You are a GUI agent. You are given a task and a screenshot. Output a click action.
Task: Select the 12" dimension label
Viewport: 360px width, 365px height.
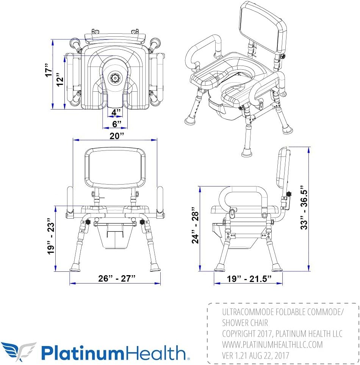tap(60, 81)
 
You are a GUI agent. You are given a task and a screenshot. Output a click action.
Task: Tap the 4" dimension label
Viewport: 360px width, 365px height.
tap(116, 113)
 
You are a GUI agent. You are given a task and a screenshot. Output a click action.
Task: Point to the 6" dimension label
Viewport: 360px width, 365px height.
tap(117, 124)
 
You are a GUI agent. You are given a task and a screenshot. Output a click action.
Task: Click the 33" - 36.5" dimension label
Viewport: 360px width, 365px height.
tap(303, 208)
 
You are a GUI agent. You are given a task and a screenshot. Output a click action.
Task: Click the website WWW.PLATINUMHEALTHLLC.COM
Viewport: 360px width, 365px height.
tap(272, 345)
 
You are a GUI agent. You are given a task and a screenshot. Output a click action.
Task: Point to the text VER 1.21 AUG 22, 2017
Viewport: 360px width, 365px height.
tap(255, 356)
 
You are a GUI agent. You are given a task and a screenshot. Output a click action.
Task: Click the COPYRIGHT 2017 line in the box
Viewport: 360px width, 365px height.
tap(282, 334)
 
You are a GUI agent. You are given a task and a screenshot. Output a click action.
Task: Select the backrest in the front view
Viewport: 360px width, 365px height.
tap(115, 168)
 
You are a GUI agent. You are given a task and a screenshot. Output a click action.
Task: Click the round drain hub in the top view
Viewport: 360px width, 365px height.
tap(114, 78)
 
